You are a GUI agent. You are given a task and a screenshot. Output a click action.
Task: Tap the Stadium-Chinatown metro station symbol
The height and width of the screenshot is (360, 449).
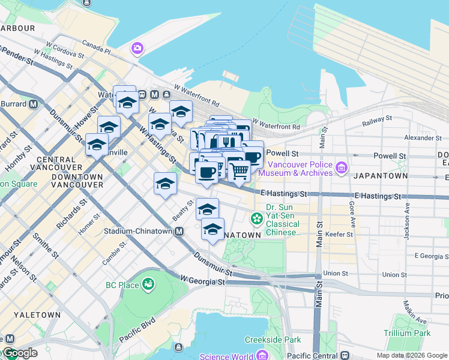pyautogui.click(x=179, y=231)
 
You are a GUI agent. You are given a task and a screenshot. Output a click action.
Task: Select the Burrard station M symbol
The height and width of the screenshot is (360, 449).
pyautogui.click(x=34, y=103)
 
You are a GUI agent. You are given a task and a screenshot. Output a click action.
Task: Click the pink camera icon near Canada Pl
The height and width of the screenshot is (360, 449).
pyautogui.click(x=138, y=48)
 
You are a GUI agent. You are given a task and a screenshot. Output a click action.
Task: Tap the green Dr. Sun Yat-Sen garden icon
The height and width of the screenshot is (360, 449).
pyautogui.click(x=258, y=218)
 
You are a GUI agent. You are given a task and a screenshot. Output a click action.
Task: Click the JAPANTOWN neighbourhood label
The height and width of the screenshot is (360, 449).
pyautogui.click(x=381, y=176)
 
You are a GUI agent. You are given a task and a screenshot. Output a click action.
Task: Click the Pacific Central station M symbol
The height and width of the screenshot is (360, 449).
pyautogui.click(x=344, y=356)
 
